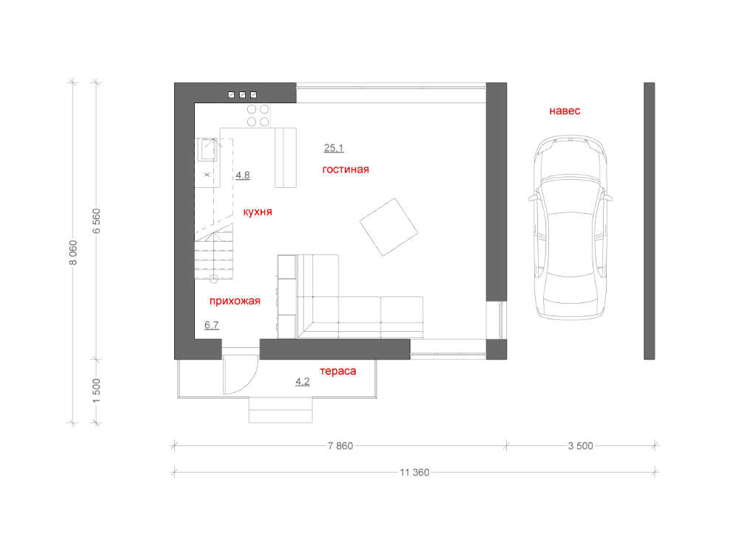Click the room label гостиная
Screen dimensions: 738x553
pyautogui.click(x=345, y=170)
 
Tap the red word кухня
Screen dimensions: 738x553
pyautogui.click(x=258, y=212)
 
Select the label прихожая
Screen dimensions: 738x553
pyautogui.click(x=235, y=301)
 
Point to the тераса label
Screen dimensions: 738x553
pyautogui.click(x=338, y=371)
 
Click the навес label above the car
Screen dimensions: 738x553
pyautogui.click(x=565, y=111)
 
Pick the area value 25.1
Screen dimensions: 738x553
pyautogui.click(x=334, y=148)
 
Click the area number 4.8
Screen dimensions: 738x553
pyautogui.click(x=243, y=175)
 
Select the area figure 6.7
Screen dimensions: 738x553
pyautogui.click(x=212, y=325)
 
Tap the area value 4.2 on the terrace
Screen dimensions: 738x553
pyautogui.click(x=303, y=381)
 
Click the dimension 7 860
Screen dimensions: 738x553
pyautogui.click(x=340, y=446)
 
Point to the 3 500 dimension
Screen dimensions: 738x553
pyautogui.click(x=580, y=446)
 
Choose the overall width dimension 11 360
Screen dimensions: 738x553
pyautogui.click(x=415, y=473)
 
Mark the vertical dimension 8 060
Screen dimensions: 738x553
pyautogui.click(x=73, y=252)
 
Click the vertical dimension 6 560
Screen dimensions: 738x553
pyautogui.click(x=97, y=221)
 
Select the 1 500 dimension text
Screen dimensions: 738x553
pyautogui.click(x=97, y=391)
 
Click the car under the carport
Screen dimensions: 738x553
pyautogui.click(x=570, y=228)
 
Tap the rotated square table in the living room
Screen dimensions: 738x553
pyautogui.click(x=389, y=227)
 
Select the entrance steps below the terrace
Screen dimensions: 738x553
pyautogui.click(x=280, y=410)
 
